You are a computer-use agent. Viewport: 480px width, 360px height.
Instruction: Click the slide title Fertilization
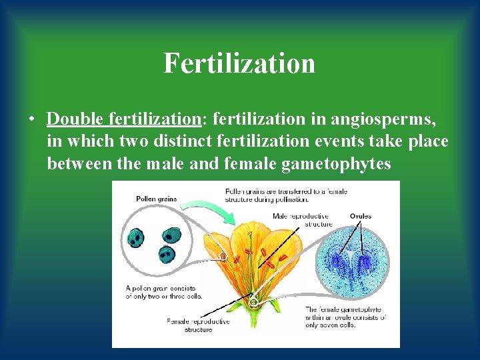point(239,63)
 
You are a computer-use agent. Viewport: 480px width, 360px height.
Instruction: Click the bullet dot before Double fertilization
point(31,119)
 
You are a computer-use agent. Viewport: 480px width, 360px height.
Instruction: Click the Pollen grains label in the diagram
point(155,199)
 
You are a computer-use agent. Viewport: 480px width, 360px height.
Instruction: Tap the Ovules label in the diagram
point(360,216)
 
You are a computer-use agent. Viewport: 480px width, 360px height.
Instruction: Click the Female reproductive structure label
point(198,325)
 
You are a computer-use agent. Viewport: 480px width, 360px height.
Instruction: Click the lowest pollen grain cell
point(165,254)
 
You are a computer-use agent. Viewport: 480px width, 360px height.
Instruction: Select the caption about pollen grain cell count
point(165,292)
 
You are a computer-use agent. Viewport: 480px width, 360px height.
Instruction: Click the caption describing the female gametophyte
point(346,317)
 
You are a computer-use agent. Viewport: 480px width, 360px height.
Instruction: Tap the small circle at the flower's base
point(253,302)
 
